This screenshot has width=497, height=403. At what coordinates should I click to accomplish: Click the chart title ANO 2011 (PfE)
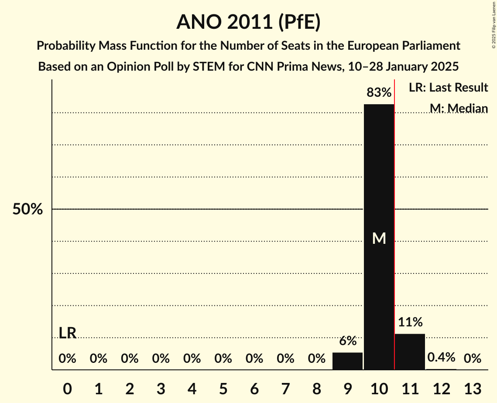pyautogui.click(x=248, y=22)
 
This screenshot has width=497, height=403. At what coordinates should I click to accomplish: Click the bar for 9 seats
pyautogui.click(x=348, y=361)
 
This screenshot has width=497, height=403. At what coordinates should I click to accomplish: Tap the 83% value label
pyautogui.click(x=379, y=92)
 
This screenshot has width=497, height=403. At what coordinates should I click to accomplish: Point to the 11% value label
pyautogui.click(x=410, y=322)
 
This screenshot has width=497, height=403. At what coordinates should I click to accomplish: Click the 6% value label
pyautogui.click(x=348, y=341)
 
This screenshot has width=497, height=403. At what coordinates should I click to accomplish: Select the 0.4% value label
pyautogui.click(x=441, y=358)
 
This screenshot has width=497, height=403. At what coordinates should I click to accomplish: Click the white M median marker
pyautogui.click(x=379, y=238)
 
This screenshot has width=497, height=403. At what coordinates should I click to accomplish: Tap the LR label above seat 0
pyautogui.click(x=68, y=333)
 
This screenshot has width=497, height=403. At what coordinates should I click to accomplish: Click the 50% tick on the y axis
pyautogui.click(x=27, y=209)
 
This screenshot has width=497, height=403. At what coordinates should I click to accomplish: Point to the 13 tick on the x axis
pyautogui.click(x=472, y=389)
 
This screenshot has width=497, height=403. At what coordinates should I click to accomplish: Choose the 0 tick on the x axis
pyautogui.click(x=67, y=389)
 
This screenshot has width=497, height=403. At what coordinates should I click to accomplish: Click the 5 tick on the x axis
pyautogui.click(x=223, y=389)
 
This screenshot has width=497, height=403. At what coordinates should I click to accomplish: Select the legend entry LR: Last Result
pyautogui.click(x=448, y=88)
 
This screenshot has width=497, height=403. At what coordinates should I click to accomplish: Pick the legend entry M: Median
pyautogui.click(x=458, y=108)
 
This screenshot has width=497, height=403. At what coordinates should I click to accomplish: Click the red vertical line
pyautogui.click(x=394, y=218)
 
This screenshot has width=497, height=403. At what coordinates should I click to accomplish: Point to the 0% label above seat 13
pyautogui.click(x=472, y=359)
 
